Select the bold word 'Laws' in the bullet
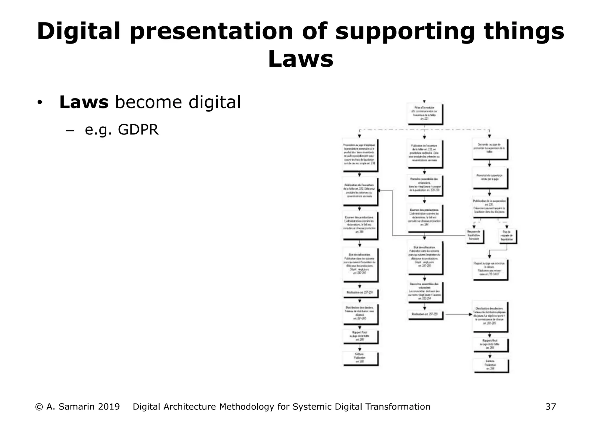coord(84,102)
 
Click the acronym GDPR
coord(138,130)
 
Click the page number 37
coord(550,407)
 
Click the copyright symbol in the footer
coord(38,407)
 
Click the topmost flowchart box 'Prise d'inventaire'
coord(424,113)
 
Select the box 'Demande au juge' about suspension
coord(489,149)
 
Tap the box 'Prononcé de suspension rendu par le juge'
coord(489,178)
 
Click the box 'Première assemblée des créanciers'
coord(424,185)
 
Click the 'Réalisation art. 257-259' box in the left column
coord(360,292)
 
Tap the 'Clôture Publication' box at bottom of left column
coord(360,358)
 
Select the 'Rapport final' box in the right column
coord(490,345)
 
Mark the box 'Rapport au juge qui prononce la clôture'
coord(489,269)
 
